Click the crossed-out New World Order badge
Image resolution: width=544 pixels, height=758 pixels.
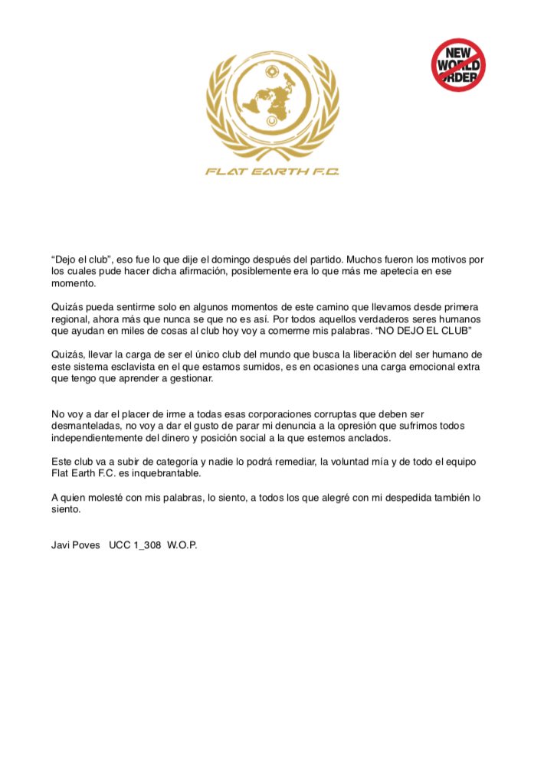pyautogui.click(x=457, y=66)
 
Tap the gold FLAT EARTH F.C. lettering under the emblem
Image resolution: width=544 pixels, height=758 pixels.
pyautogui.click(x=272, y=171)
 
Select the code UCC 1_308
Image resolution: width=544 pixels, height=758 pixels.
pyautogui.click(x=133, y=549)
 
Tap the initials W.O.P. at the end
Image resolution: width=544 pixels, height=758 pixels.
pyautogui.click(x=182, y=549)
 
